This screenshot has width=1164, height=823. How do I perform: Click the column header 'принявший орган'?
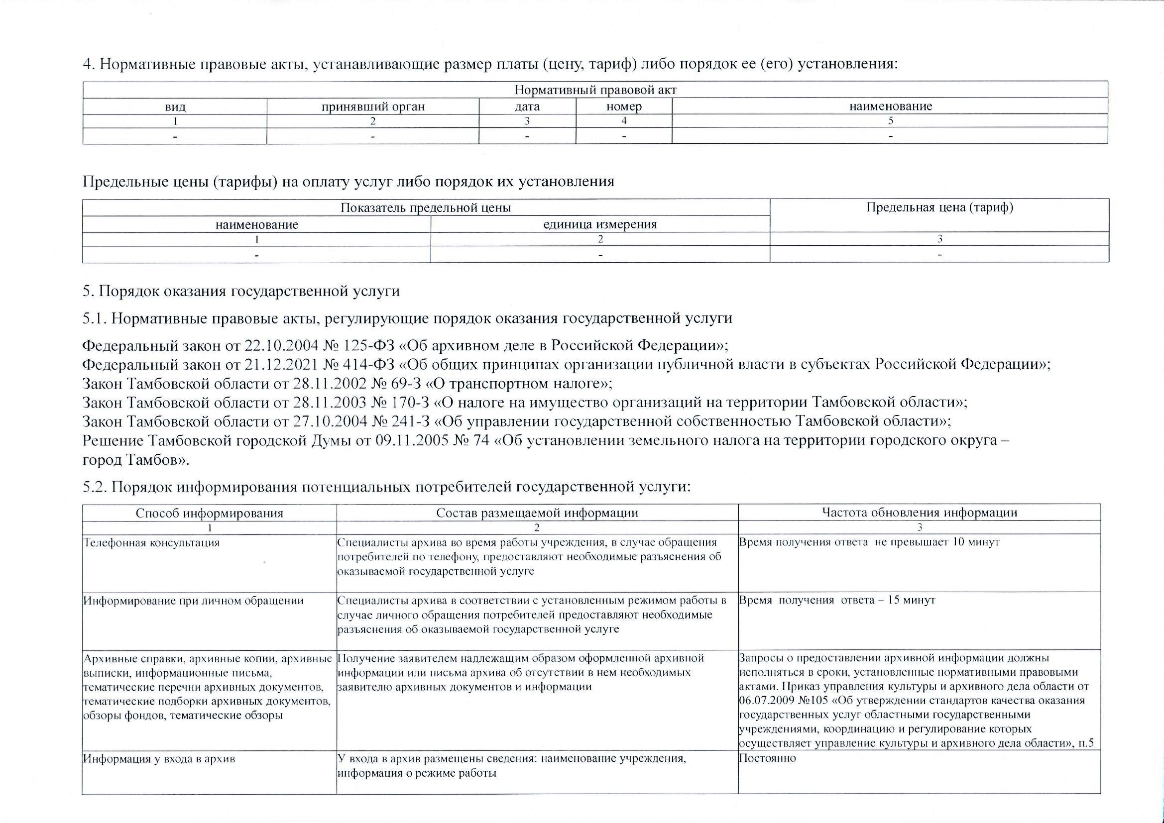[x=372, y=107]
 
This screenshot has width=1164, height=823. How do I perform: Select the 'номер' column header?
[x=624, y=107]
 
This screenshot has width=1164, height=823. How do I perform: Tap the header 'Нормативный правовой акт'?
[x=595, y=90]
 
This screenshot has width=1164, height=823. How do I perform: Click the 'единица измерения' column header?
[x=600, y=224]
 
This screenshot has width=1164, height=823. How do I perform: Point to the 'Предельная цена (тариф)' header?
[x=939, y=207]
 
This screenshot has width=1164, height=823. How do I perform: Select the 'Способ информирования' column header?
[x=210, y=513]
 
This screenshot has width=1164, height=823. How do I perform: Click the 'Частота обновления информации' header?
[x=919, y=513]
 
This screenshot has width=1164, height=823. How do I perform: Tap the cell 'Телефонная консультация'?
[x=151, y=543]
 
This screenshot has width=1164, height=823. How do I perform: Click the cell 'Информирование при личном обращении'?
[x=193, y=601]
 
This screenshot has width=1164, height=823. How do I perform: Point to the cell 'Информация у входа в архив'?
[x=159, y=759]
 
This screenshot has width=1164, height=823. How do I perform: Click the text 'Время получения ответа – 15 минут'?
[x=837, y=601]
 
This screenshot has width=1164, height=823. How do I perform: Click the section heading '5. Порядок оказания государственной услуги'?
[x=241, y=292]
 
